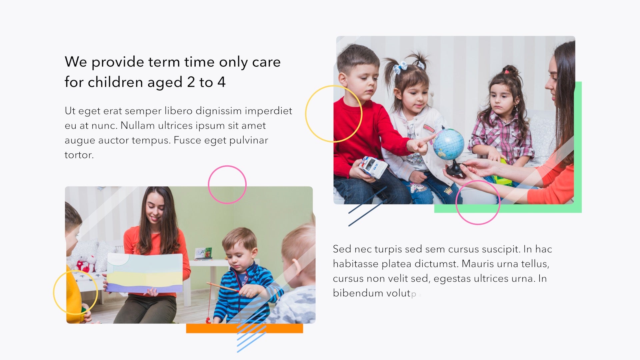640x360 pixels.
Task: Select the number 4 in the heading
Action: [x=222, y=82]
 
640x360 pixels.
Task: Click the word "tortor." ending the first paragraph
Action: [x=79, y=155]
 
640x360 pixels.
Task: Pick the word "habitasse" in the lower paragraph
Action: [x=356, y=264]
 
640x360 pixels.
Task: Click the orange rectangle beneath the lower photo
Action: [x=244, y=328]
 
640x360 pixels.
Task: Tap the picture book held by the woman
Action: [x=145, y=273]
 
